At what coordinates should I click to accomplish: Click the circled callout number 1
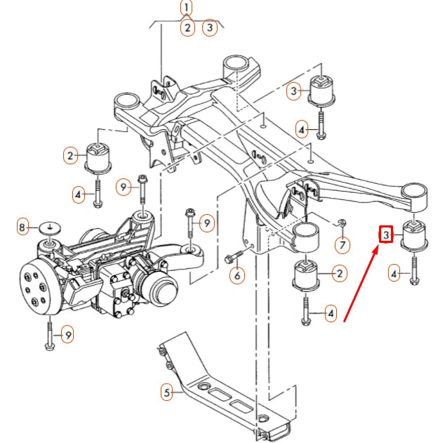click(x=186, y=8)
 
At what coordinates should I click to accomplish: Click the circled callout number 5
click(x=166, y=392)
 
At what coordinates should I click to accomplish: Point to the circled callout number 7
click(x=342, y=245)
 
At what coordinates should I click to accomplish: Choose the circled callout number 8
click(x=23, y=227)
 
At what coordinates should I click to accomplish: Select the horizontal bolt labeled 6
click(x=236, y=257)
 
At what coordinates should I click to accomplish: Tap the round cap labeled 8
click(x=48, y=227)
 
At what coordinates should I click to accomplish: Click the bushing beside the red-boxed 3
click(x=413, y=235)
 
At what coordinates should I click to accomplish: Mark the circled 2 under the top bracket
click(x=187, y=28)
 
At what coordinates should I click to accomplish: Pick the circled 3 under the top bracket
click(x=209, y=28)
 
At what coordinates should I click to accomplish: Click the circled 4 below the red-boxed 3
click(x=394, y=275)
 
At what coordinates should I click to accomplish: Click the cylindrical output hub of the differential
click(x=163, y=287)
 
